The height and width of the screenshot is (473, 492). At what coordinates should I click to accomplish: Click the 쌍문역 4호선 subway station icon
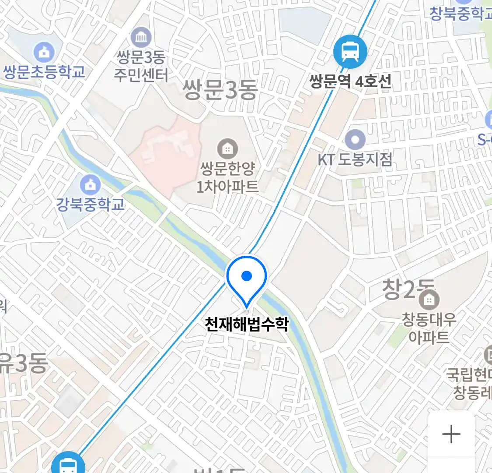coord(350,52)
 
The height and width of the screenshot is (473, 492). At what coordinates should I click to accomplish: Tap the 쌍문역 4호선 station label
coord(350,81)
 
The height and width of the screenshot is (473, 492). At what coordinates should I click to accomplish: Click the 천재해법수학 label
coord(247,324)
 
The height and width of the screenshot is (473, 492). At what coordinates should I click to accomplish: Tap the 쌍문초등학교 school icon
coord(44,53)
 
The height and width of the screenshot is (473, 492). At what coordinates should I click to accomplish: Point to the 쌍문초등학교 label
coord(44,71)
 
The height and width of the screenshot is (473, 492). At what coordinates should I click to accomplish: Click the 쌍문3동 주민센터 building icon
coord(141,38)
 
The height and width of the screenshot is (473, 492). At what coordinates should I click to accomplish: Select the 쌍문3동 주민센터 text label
coord(141,66)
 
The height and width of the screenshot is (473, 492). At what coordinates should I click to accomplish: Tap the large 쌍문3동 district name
coord(220,90)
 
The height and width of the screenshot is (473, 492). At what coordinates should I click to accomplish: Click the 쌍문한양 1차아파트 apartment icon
coord(227,149)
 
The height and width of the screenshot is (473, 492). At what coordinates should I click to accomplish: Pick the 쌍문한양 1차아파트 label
coord(227,177)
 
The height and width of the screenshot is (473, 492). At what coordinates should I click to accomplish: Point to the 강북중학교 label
coord(90,205)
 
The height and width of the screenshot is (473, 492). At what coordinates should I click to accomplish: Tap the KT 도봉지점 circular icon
coord(355,141)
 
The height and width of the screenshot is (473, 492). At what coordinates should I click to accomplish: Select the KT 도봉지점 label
coord(355,159)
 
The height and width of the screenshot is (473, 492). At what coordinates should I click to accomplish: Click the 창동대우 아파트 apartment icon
coord(429,300)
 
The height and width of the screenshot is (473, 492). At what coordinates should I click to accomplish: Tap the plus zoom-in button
coord(451,434)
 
